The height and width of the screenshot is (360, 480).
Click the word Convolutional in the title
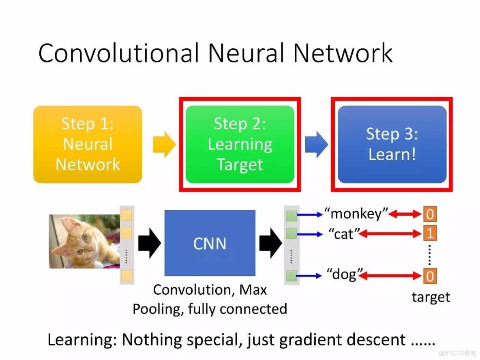119,53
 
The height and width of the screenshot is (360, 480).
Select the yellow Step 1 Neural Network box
88,144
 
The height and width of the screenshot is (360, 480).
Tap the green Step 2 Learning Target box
240,144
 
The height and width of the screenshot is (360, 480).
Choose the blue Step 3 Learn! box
392,144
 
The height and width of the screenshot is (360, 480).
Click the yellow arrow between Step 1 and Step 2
164,144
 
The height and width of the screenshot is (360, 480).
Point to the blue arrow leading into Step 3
316,144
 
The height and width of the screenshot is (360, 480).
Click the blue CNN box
210,243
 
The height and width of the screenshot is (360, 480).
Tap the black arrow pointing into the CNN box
150,243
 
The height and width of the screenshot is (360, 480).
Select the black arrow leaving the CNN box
271,243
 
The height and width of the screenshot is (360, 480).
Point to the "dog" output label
345,274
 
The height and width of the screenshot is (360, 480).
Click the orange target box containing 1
430,233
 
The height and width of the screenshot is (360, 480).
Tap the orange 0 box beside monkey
430,214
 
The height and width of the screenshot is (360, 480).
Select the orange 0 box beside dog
430,276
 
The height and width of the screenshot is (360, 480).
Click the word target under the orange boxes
431,297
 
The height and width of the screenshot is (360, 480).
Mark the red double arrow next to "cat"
390,234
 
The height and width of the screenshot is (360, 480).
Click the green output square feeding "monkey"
291,216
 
